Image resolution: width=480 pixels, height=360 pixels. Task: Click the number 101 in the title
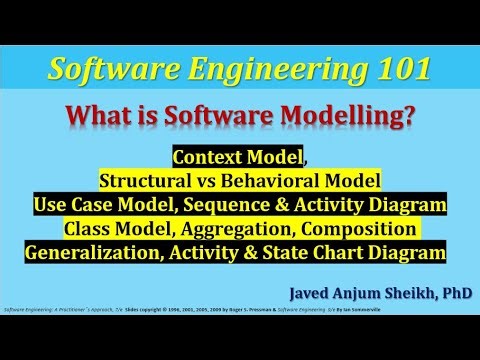coord(400,70)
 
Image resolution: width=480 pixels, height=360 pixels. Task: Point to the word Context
coord(210,158)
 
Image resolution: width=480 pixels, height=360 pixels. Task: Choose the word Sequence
coord(243,206)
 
